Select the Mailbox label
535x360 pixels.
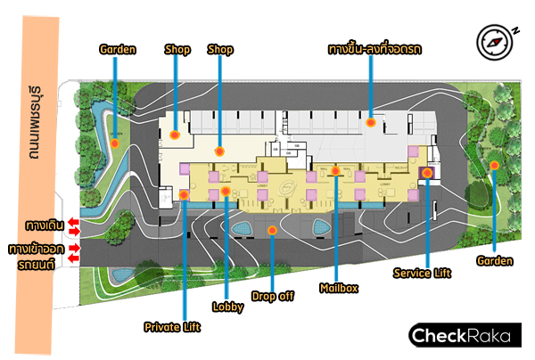point(339,288)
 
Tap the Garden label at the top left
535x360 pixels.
point(118,50)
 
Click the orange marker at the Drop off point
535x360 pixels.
point(272,230)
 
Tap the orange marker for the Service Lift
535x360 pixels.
point(427,173)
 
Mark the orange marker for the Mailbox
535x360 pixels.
point(336,170)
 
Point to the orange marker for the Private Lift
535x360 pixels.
point(182,193)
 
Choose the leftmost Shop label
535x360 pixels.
point(177,50)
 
